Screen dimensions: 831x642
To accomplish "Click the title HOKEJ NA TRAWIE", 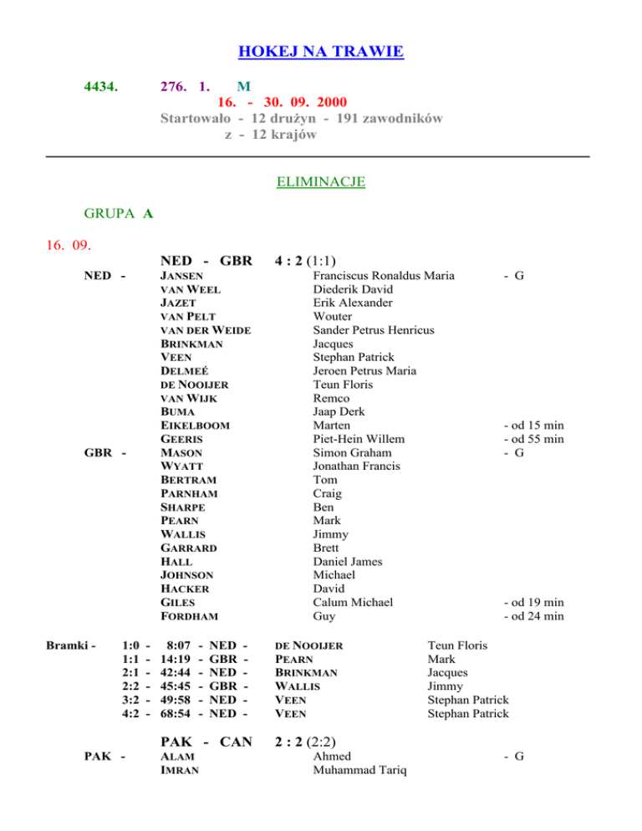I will pyautogui.click(x=321, y=53).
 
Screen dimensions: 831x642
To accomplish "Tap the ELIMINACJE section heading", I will pyautogui.click(x=321, y=181).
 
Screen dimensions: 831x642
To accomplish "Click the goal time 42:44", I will pyautogui.click(x=177, y=672).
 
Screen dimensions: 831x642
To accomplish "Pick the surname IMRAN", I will pyautogui.click(x=179, y=771).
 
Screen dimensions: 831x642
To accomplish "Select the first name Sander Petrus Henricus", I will pyautogui.click(x=374, y=330).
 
